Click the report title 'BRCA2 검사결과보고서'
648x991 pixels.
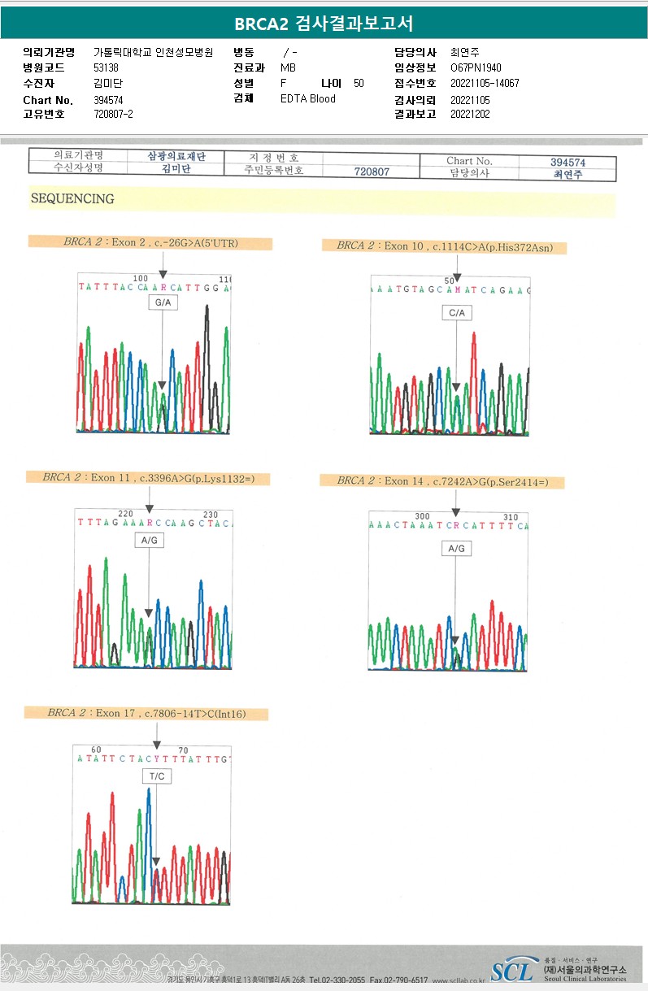point(324,24)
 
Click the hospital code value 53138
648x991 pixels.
point(106,67)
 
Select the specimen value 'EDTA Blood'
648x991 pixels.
point(307,99)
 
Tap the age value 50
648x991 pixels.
point(359,84)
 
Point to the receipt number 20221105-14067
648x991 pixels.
point(485,84)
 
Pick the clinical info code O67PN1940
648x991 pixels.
point(476,67)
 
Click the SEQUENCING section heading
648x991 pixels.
point(72,198)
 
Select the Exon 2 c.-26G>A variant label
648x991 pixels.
point(150,242)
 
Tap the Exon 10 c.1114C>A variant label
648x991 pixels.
point(444,246)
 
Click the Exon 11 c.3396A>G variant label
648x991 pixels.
point(149,478)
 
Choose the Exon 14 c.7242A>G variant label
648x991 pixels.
point(442,481)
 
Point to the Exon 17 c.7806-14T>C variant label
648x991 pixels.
point(146,714)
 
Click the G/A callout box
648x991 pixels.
point(162,303)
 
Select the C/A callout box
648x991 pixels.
point(457,313)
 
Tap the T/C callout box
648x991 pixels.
point(157,776)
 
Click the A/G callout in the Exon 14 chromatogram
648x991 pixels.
point(456,549)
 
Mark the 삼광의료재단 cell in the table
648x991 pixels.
point(176,156)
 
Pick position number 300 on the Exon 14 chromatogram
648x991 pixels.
point(422,516)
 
